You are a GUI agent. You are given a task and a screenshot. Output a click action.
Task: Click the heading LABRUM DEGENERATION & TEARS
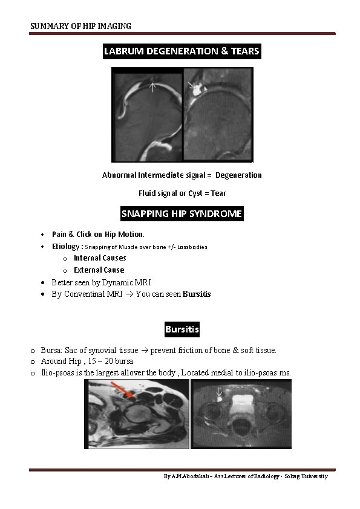[x=182, y=51]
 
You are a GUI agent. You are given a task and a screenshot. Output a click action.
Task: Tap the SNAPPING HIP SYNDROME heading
[x=182, y=214]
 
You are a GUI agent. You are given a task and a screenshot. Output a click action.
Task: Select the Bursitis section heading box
[x=182, y=329]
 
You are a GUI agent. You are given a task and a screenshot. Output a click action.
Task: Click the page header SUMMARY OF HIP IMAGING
[x=81, y=26]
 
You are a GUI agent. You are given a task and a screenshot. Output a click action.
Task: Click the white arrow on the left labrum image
[x=153, y=87]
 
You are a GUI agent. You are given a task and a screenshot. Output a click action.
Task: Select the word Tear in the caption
[x=218, y=193]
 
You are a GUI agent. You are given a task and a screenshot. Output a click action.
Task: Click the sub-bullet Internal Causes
[x=100, y=258]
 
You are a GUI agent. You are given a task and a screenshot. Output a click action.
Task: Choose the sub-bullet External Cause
[x=99, y=270]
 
